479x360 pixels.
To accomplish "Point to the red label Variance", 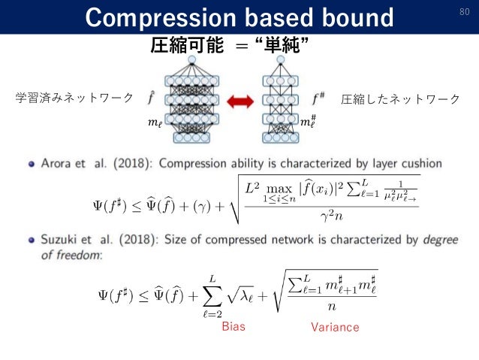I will click(335, 327).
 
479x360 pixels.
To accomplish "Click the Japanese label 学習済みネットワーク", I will click(75, 98).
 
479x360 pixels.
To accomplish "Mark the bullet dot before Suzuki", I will click(31, 240).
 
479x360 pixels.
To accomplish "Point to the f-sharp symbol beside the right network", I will click(319, 98).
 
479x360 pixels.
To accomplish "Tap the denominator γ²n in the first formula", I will click(328, 217).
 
